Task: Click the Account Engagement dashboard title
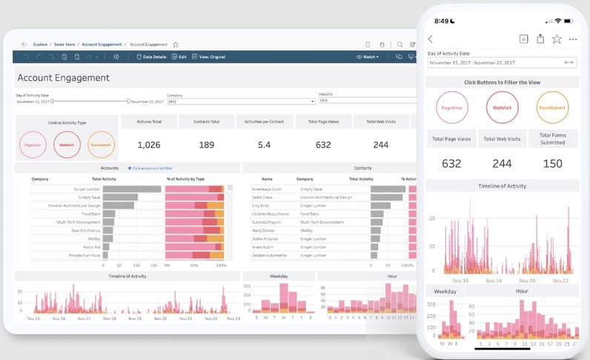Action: pyautogui.click(x=63, y=78)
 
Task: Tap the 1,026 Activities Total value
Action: pyautogui.click(x=148, y=144)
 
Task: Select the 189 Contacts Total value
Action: pyautogui.click(x=206, y=144)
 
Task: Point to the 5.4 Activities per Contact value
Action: pyautogui.click(x=264, y=144)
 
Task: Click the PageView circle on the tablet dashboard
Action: pyautogui.click(x=32, y=144)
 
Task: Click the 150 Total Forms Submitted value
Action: pyautogui.click(x=552, y=164)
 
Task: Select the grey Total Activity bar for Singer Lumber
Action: pyautogui.click(x=131, y=189)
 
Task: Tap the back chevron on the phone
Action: pyautogui.click(x=431, y=39)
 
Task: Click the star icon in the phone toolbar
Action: pyautogui.click(x=556, y=39)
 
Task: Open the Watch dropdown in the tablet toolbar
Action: pyautogui.click(x=368, y=56)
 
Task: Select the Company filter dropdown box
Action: pyautogui.click(x=241, y=101)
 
